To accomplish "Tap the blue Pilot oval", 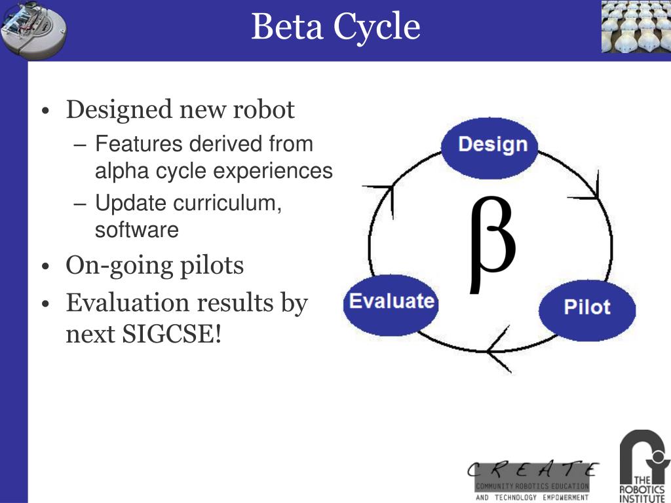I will coord(586,307).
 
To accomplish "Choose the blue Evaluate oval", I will coord(391,302).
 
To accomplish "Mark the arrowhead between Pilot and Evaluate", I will coord(498,350).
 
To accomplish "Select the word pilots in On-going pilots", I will coord(213,265).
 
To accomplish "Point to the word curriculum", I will coord(227,203).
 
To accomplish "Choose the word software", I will coord(136,230).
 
